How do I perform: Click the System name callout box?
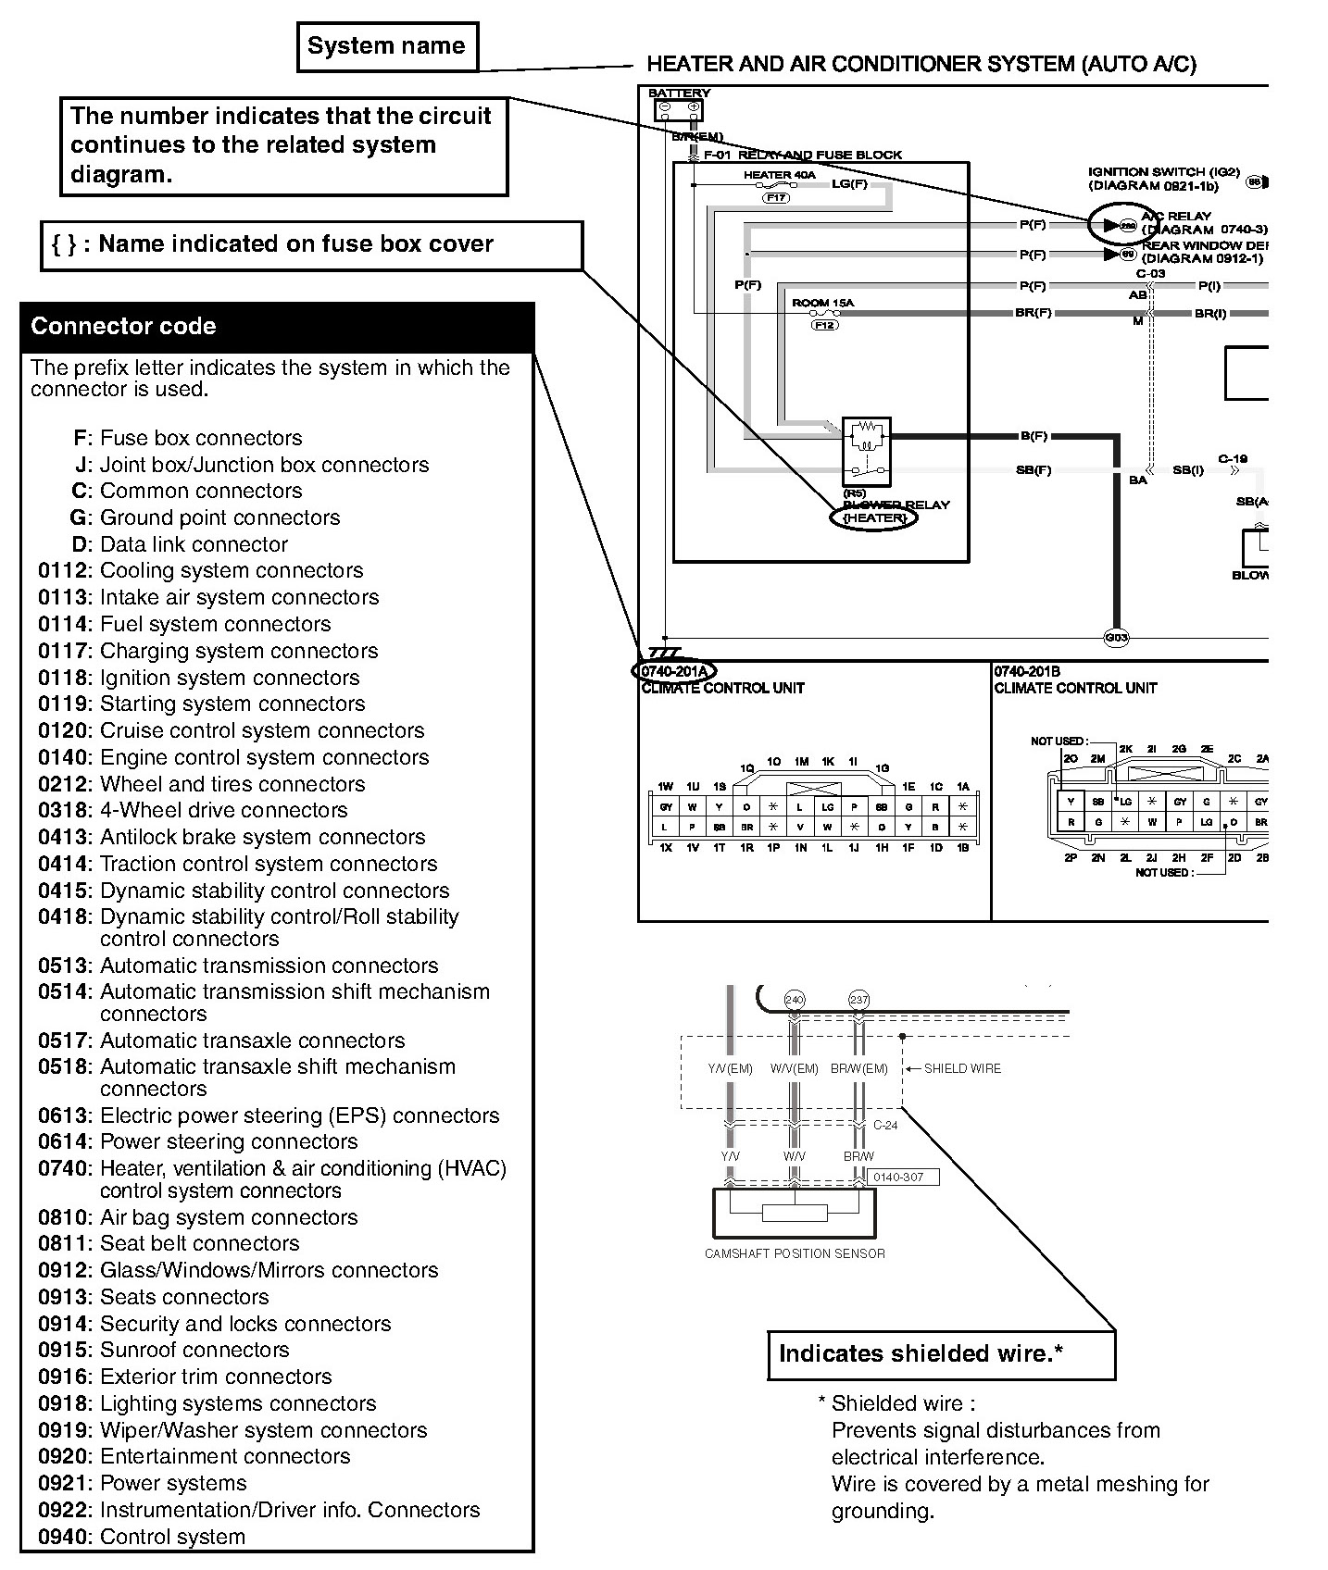[x=386, y=47]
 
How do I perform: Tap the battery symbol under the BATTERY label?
[x=678, y=110]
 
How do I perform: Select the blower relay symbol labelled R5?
[x=867, y=451]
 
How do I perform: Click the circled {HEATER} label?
[x=874, y=518]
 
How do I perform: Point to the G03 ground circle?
[x=1117, y=638]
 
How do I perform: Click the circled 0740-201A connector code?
[x=673, y=671]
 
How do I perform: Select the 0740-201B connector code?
[x=1027, y=671]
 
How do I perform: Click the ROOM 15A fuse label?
[x=822, y=303]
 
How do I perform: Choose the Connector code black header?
[x=277, y=327]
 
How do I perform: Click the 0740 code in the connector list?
[x=63, y=1168]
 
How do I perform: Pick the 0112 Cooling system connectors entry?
[x=201, y=570]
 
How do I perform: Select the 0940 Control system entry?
[x=142, y=1536]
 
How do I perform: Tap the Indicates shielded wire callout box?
[x=941, y=1354]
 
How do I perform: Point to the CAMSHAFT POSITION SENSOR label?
[x=795, y=1253]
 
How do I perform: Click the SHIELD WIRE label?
[x=962, y=1068]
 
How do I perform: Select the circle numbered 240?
[x=794, y=1000]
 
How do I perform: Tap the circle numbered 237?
[x=858, y=1000]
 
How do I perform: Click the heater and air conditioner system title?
[x=921, y=64]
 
